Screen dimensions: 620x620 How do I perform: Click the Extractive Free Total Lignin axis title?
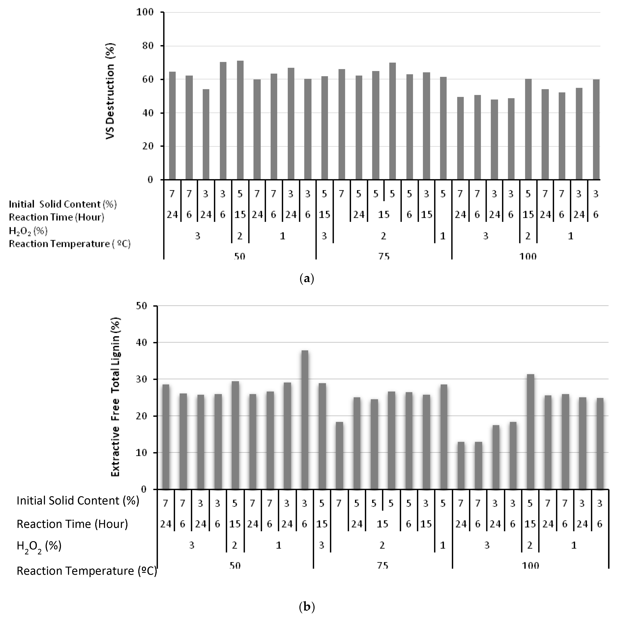pos(116,397)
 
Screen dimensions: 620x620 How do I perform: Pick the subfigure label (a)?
pos(306,278)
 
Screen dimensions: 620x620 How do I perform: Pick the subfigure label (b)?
pos(307,607)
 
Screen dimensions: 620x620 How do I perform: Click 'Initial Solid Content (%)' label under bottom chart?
pos(78,501)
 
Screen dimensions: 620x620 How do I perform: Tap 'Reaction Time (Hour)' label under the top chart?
pos(56,217)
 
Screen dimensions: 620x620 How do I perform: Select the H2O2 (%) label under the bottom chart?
pos(39,546)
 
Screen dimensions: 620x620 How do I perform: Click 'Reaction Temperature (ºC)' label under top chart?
pos(70,244)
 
